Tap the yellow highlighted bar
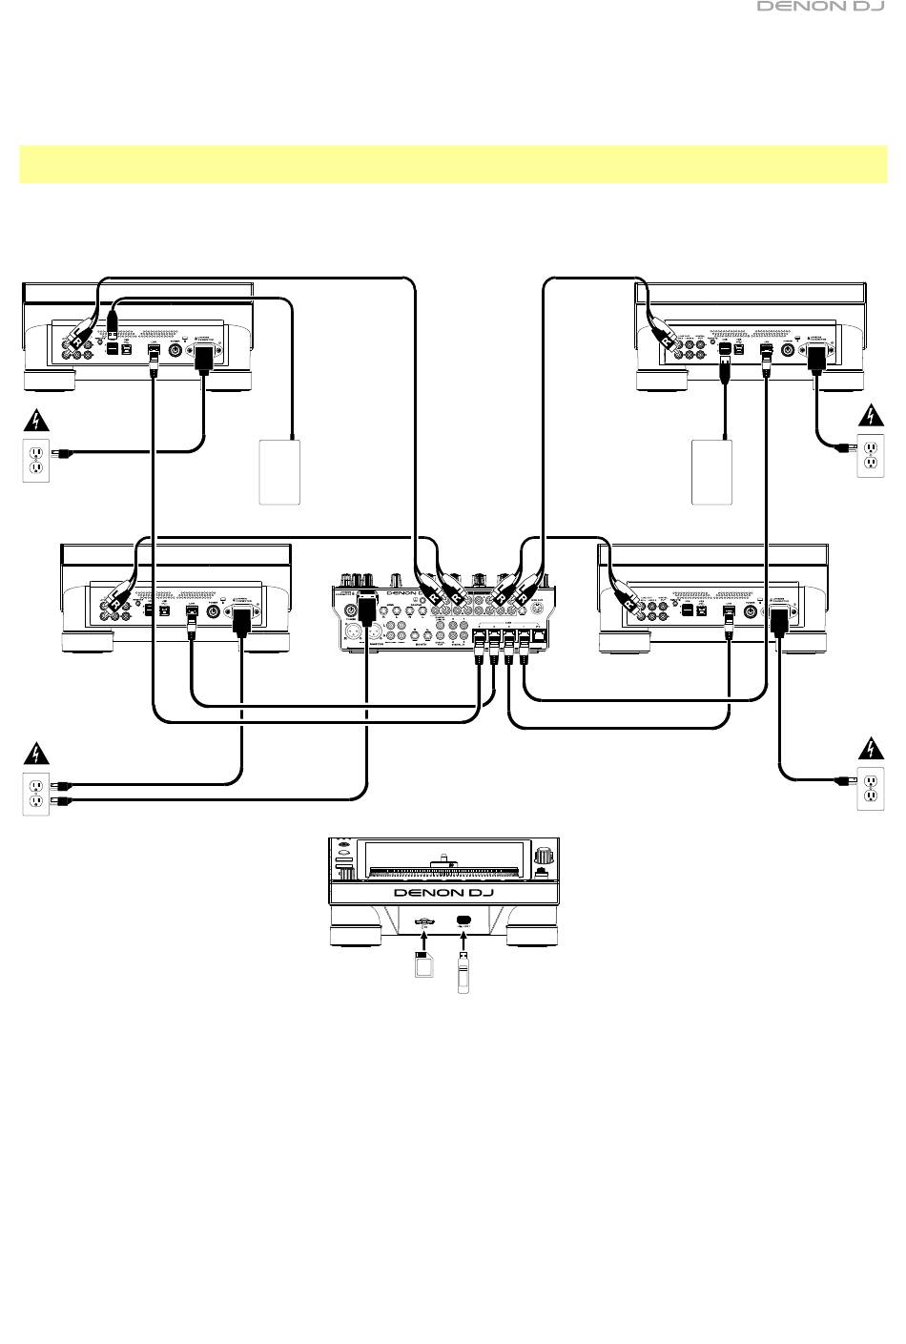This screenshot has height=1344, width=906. [453, 164]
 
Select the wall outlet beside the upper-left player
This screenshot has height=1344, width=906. [34, 460]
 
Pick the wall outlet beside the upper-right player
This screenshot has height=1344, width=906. [870, 455]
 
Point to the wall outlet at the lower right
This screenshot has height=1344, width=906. [870, 788]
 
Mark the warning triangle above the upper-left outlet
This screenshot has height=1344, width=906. [34, 420]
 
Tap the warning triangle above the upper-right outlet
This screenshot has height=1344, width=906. [870, 416]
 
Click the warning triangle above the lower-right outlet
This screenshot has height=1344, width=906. [870, 748]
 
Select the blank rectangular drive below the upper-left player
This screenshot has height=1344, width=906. [280, 471]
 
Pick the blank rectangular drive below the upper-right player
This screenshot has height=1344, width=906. [712, 471]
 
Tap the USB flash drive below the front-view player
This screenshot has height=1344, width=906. [464, 972]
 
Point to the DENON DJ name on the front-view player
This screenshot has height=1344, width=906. [443, 893]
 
